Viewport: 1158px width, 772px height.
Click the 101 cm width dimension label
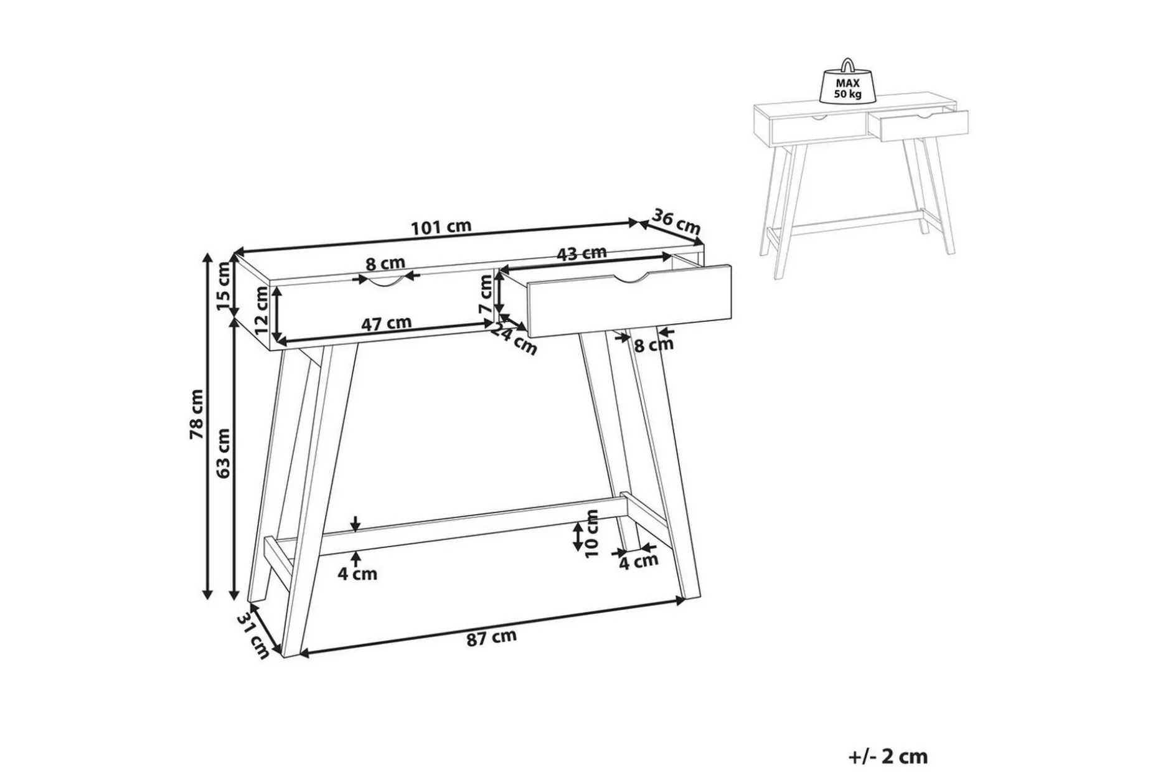coord(441,227)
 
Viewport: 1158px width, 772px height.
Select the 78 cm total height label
coord(197,414)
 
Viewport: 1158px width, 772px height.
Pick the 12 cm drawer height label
coord(261,309)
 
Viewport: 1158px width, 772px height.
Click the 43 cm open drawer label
coord(581,254)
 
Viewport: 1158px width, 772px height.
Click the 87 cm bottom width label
coord(492,637)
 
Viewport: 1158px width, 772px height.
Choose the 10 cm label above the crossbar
coord(592,534)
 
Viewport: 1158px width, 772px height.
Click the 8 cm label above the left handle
coord(385,264)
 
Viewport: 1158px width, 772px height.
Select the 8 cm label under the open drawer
coord(654,344)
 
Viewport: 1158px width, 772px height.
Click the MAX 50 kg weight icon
coord(848,82)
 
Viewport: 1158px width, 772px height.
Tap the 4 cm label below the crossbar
coord(357,573)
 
